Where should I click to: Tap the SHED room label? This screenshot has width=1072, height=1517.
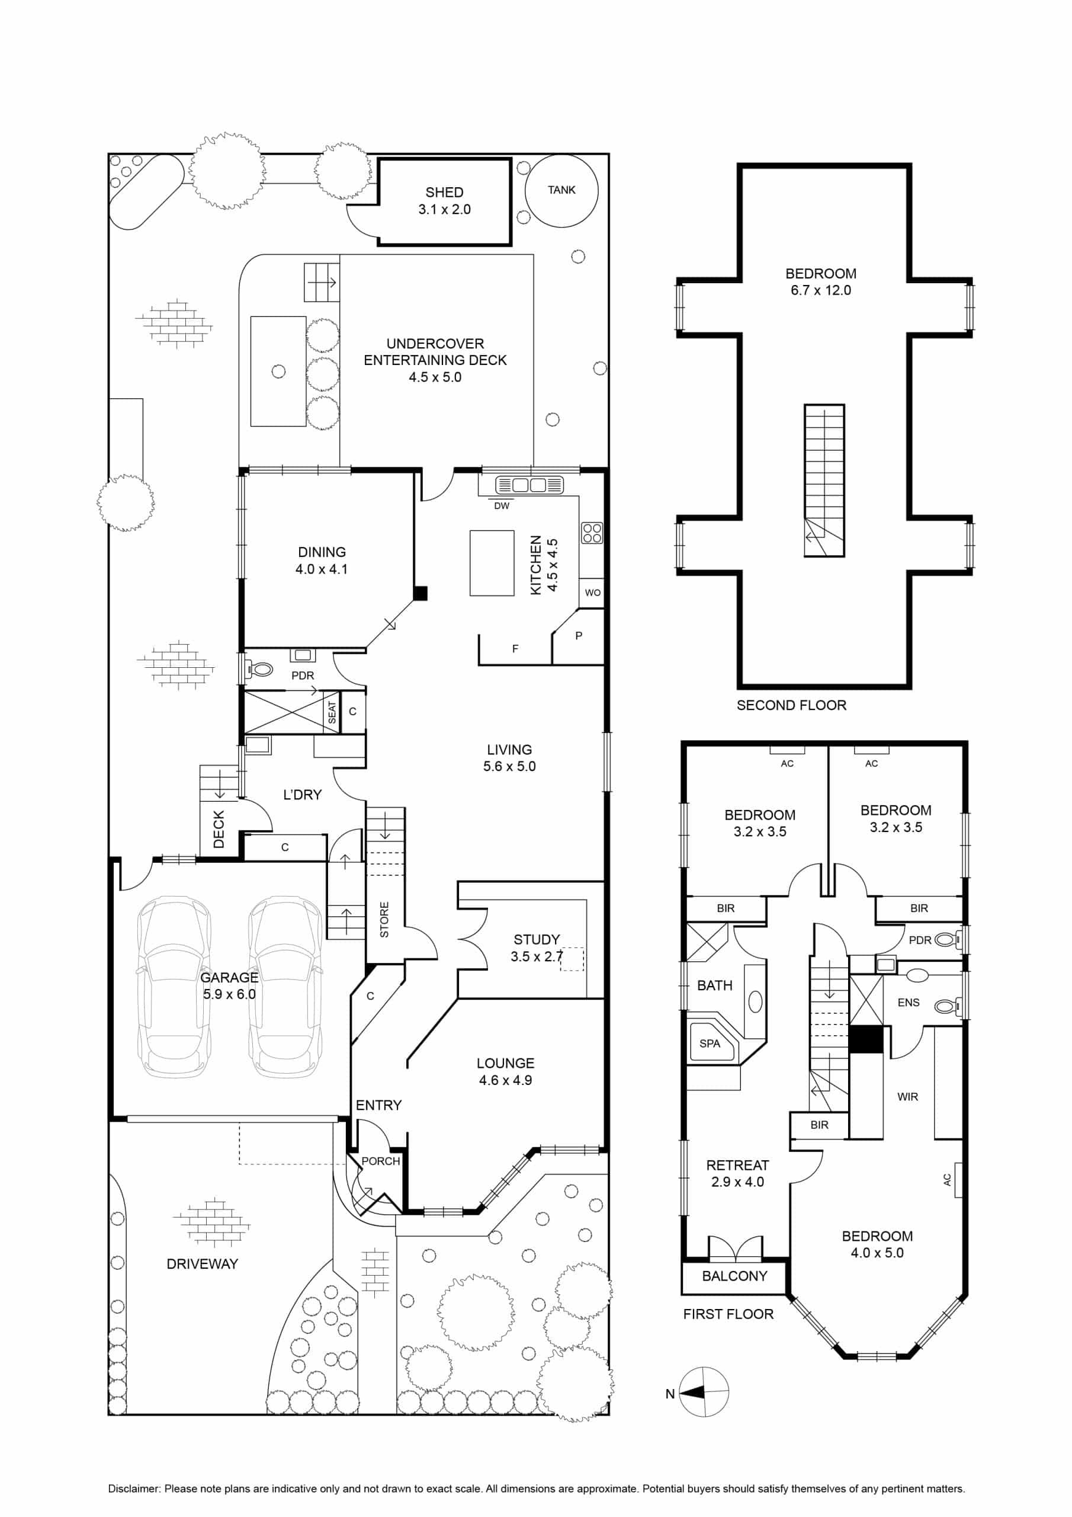pos(445,192)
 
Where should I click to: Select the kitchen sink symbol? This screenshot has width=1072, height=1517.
pos(529,485)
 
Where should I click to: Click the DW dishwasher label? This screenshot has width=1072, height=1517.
pos(502,506)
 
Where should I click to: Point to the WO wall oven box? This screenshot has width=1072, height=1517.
pos(592,593)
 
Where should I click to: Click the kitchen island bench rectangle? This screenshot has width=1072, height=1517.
pos(492,563)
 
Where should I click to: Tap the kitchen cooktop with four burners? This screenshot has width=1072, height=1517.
pos(592,533)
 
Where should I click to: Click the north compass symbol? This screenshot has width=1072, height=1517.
pos(704,1392)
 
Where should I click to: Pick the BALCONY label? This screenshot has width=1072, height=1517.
pos(734,1276)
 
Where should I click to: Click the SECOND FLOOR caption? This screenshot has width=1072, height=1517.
pos(791,705)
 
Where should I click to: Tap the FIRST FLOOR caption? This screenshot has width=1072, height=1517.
pos(728,1314)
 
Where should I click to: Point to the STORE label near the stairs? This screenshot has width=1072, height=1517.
pos(384,919)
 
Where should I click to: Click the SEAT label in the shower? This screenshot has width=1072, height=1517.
pos(332,713)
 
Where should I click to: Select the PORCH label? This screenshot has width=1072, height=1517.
pos(380,1161)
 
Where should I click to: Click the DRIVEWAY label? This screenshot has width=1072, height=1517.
pos(202,1264)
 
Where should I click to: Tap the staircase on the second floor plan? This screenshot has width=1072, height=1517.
pos(824,481)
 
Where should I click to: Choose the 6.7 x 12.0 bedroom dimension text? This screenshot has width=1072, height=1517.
pos(821,290)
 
